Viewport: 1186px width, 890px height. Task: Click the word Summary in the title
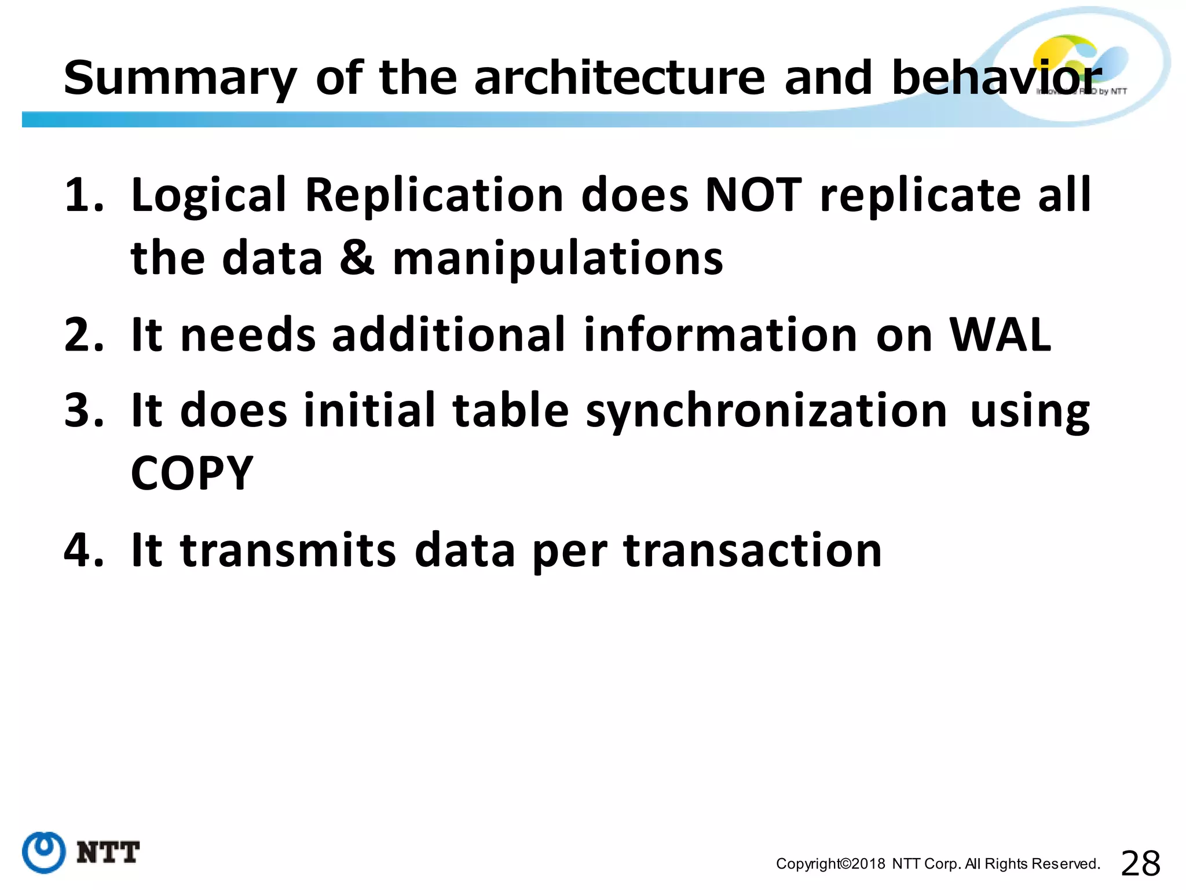[180, 78]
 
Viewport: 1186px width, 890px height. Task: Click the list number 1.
[82, 195]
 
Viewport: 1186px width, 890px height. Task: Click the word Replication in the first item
[434, 195]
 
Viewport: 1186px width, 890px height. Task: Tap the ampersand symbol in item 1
[357, 258]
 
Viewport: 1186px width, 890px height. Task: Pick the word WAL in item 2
[1000, 335]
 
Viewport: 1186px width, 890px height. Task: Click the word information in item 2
[720, 335]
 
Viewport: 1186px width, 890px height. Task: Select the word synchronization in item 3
[766, 411]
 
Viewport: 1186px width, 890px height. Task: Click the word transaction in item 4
[752, 550]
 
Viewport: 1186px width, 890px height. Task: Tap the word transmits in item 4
[288, 550]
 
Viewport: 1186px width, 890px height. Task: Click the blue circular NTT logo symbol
[43, 852]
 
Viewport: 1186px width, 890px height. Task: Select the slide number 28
[1140, 864]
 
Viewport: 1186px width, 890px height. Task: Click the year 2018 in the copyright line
[868, 864]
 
